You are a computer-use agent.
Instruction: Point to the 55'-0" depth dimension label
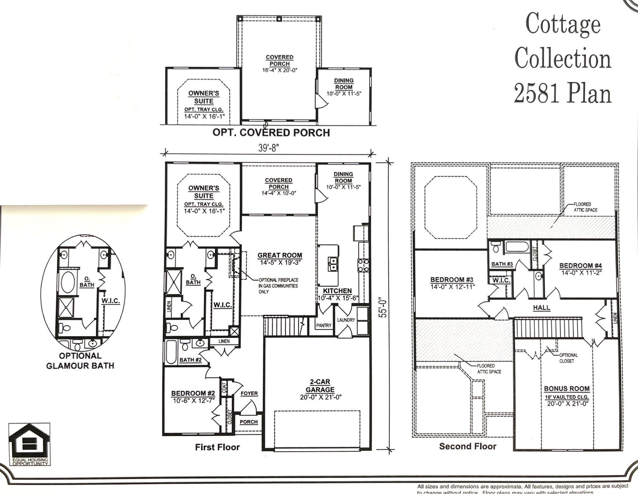384,308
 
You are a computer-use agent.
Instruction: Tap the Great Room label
279,256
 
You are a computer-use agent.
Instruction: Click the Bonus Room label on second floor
567,388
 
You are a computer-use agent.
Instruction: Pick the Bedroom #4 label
581,266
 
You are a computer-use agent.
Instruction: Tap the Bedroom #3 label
452,280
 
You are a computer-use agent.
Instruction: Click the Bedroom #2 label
193,393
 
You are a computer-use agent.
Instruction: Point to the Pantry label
324,325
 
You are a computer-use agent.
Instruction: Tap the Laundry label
346,320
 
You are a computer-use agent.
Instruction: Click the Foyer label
249,393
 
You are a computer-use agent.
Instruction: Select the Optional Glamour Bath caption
80,360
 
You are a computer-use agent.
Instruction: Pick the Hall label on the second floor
541,308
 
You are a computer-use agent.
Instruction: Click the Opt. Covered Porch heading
271,133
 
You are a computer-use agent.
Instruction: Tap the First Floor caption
217,447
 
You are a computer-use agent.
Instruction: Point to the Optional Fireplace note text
278,286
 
